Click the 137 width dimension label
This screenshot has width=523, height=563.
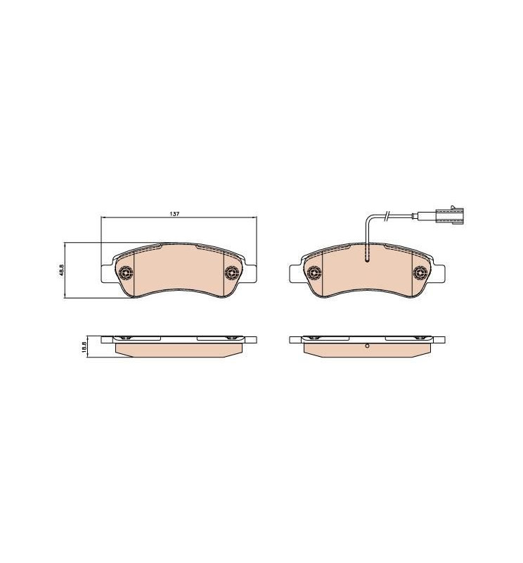pyautogui.click(x=174, y=214)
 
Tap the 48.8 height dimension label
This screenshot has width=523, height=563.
pyautogui.click(x=61, y=270)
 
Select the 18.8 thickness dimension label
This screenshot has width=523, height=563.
pyautogui.click(x=84, y=347)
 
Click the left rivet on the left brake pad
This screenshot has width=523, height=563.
pyautogui.click(x=126, y=273)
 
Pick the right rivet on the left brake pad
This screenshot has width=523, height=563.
pyautogui.click(x=231, y=273)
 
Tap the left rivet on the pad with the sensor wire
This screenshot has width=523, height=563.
pyautogui.click(x=314, y=273)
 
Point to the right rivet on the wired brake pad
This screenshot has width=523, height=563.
pyautogui.click(x=420, y=273)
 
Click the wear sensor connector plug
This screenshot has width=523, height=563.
pyautogui.click(x=448, y=215)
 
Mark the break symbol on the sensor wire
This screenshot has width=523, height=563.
pyautogui.click(x=387, y=215)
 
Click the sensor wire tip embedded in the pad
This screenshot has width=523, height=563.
pyautogui.click(x=367, y=259)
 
